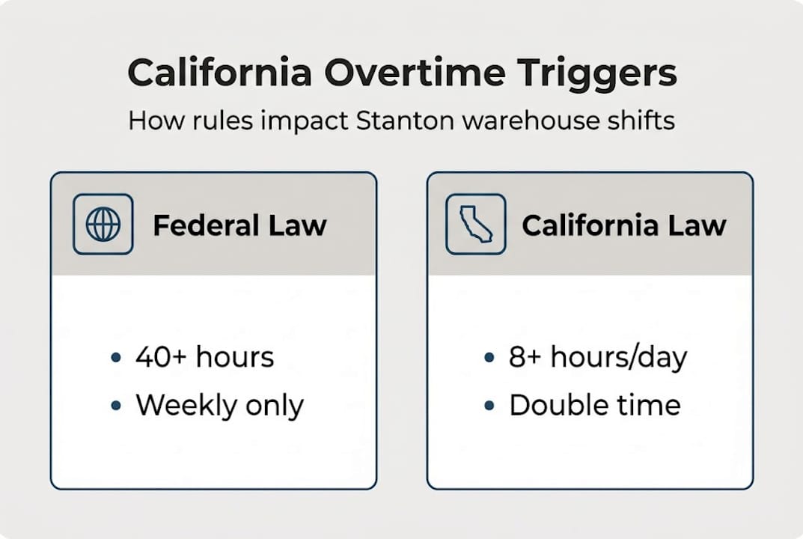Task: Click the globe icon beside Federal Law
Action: [103, 225]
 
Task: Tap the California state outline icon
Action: [475, 225]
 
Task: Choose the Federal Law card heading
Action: [239, 225]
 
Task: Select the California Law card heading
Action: [623, 225]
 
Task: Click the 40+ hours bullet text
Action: [204, 357]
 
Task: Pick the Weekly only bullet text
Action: [219, 405]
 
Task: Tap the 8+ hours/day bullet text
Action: [597, 357]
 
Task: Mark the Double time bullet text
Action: [595, 405]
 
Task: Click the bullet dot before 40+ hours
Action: [115, 358]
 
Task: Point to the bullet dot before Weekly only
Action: [115, 406]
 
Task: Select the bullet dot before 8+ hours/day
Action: [489, 358]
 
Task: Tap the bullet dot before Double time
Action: [489, 406]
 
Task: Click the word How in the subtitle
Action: [153, 121]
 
